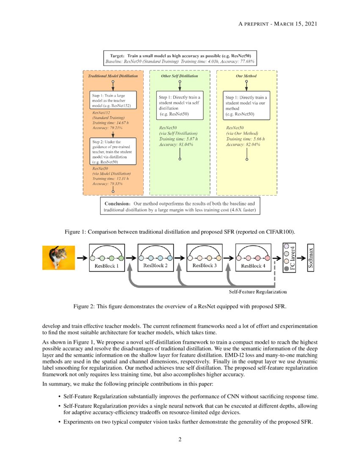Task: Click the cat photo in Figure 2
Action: (x=58, y=258)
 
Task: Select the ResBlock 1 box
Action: (x=107, y=258)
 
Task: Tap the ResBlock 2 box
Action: (x=156, y=258)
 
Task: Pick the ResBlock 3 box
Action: (x=204, y=258)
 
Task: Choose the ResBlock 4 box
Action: (x=253, y=258)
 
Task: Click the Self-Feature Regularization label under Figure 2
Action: (x=258, y=292)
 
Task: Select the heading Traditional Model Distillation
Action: (x=113, y=76)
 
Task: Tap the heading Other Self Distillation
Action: (x=180, y=76)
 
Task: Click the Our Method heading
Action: (x=246, y=76)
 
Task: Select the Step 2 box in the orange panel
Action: (x=113, y=151)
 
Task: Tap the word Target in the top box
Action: (x=117, y=55)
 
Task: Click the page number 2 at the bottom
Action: (x=180, y=439)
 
